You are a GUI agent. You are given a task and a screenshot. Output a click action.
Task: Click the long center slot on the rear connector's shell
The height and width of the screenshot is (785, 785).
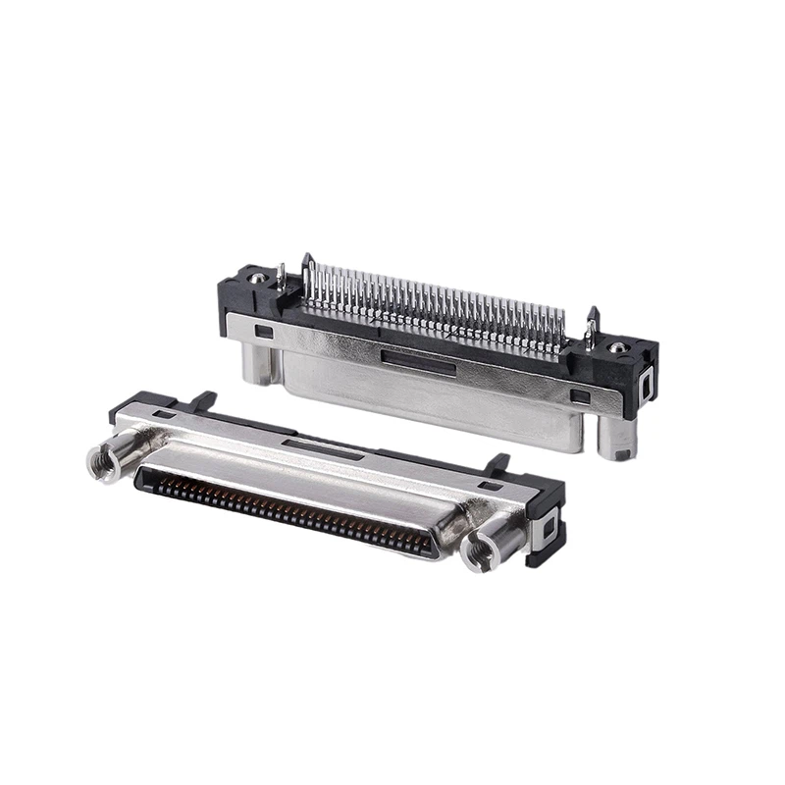pos(418,366)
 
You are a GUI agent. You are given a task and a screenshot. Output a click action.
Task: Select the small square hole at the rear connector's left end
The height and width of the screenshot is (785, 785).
pos(263,332)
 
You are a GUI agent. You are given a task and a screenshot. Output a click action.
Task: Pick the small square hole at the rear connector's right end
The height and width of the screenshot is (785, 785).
pos(581,397)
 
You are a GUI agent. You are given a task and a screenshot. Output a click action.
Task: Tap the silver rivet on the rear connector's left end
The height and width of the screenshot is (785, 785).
pos(256,280)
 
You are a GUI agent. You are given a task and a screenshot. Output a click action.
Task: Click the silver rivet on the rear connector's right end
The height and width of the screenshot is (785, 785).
pos(617,348)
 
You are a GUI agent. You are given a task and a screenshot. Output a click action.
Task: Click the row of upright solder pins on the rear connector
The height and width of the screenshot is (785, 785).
pos(432,304)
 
